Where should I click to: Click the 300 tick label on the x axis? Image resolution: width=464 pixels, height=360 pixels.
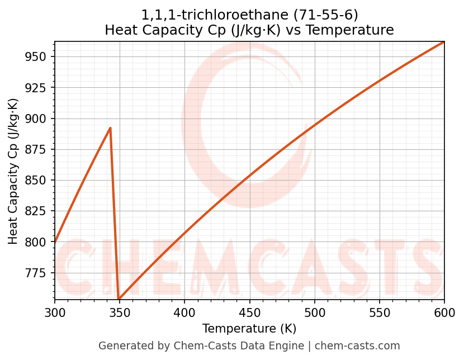click(x=55, y=312)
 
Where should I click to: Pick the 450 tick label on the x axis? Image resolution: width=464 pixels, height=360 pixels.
click(x=249, y=312)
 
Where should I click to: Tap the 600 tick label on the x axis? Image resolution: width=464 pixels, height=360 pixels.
click(x=444, y=312)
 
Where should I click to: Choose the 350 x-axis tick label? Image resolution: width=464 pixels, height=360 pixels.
click(x=120, y=312)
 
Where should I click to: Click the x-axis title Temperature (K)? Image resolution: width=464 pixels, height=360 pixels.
click(x=249, y=329)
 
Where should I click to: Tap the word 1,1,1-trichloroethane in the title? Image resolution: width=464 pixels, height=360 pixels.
click(x=215, y=15)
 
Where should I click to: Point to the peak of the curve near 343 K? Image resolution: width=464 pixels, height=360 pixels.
click(x=110, y=128)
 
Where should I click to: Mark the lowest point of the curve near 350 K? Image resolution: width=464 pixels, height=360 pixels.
click(x=119, y=299)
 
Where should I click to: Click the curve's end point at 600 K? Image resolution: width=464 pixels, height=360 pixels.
click(x=444, y=42)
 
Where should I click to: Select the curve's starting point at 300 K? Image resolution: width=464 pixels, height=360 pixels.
click(x=55, y=241)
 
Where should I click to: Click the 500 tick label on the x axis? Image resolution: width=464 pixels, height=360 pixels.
click(x=314, y=312)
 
